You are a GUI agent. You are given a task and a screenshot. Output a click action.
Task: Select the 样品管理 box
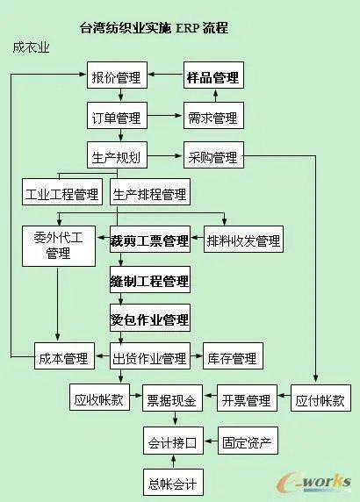(x=212, y=78)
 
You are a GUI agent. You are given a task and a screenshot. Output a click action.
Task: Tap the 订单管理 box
(x=118, y=116)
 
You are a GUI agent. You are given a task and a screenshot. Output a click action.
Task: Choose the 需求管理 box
(x=212, y=116)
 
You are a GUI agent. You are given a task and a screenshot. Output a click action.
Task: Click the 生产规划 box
(x=118, y=157)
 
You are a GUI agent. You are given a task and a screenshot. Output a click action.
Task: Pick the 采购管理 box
(x=212, y=157)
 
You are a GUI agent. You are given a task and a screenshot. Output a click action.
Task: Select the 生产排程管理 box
(x=150, y=194)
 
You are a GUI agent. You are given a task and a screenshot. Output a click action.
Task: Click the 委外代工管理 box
(x=58, y=245)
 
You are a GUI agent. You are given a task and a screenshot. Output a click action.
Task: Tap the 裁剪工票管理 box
(x=150, y=240)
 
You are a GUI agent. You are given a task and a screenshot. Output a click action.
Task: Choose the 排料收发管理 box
(x=242, y=240)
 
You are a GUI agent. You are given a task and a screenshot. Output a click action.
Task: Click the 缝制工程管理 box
(x=150, y=281)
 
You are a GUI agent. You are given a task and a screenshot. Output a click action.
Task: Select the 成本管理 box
(x=63, y=358)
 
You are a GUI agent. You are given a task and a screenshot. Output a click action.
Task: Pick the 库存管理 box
(x=232, y=358)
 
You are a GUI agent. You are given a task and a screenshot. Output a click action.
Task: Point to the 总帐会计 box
(x=172, y=482)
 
